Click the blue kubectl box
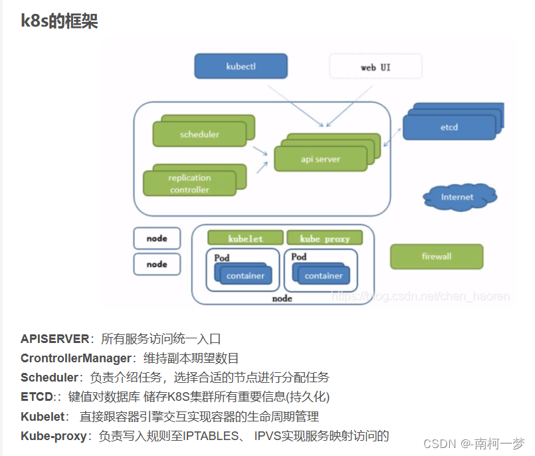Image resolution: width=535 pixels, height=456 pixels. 241,67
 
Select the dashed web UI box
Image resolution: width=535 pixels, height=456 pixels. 375,67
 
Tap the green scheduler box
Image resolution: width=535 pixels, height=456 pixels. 199,134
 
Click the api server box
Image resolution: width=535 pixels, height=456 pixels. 320,160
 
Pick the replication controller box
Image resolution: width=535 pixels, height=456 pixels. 189,183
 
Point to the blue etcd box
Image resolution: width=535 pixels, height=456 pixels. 449,127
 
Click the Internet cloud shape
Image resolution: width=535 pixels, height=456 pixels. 458,197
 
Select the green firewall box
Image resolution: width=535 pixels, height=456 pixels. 436,257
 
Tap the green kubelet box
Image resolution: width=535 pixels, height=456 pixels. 245,238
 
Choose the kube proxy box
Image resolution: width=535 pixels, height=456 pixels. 325,238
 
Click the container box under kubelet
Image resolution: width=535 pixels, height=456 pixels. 245,276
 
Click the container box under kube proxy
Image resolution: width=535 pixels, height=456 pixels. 324,276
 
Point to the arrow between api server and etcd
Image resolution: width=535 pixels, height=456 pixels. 391,138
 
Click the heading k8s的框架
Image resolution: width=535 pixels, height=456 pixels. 59,21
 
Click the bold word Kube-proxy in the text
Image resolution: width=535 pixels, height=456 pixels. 54,436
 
